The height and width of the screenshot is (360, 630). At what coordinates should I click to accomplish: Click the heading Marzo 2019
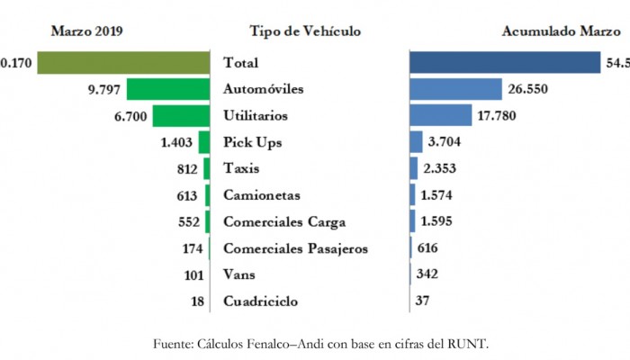[x=86, y=31]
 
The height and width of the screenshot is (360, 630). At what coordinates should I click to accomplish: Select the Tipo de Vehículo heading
[x=305, y=31]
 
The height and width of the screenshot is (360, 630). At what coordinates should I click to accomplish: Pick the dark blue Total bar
[x=504, y=62]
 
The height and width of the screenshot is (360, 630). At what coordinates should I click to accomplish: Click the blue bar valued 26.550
[x=455, y=89]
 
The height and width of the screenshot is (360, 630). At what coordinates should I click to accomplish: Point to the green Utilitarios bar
[x=180, y=115]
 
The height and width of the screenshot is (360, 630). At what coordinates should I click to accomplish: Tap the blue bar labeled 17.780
[x=440, y=115]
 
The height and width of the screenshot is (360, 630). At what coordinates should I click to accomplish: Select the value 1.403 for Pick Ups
[x=178, y=142]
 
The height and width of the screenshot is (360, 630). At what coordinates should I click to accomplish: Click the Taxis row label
[x=240, y=168]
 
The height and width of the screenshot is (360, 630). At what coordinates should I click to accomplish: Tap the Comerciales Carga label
[x=282, y=221]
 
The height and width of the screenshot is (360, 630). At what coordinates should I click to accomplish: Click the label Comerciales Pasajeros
[x=296, y=248]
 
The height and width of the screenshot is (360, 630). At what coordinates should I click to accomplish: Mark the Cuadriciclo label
[x=260, y=301]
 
